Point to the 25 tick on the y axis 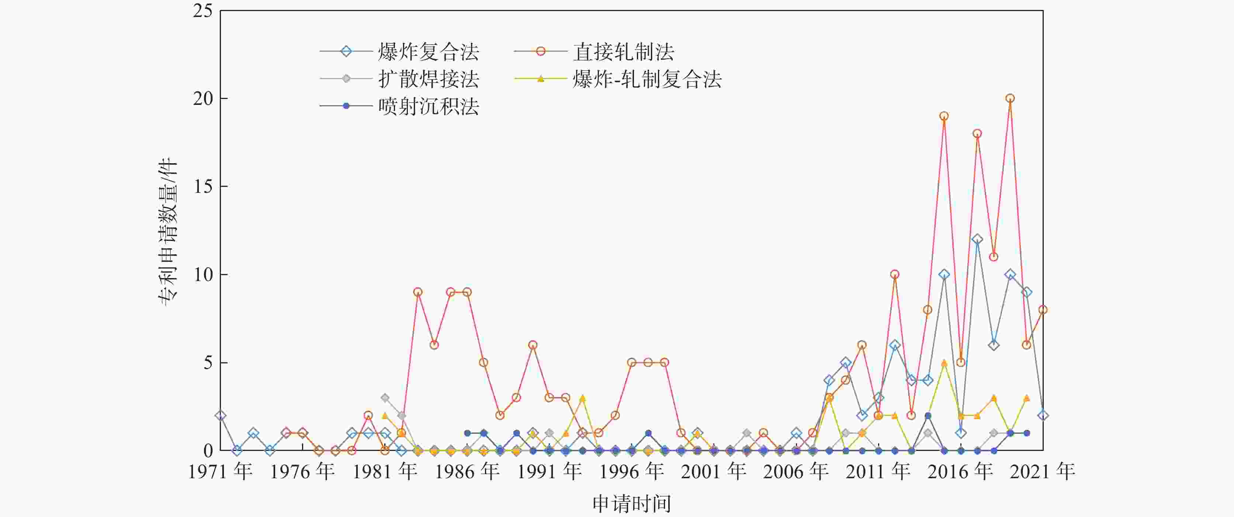click(x=202, y=11)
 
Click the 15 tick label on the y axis click(x=202, y=186)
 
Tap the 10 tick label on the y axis click(x=202, y=275)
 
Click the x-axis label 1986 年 click(x=467, y=472)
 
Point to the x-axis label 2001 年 click(x=714, y=472)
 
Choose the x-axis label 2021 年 click(x=1042, y=472)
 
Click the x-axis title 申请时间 click(x=631, y=504)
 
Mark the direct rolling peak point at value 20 click(x=1010, y=98)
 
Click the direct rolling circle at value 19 click(x=944, y=116)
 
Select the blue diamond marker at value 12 click(x=977, y=239)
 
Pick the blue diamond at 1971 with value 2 click(x=221, y=415)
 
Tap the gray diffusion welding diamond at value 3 click(x=385, y=398)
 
